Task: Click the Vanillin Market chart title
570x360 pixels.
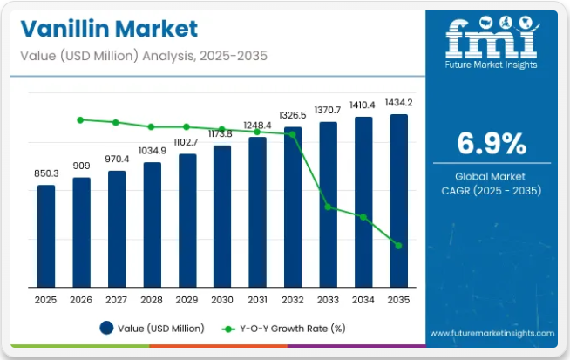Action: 105,28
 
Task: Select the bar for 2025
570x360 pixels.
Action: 46,235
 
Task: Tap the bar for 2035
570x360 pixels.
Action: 398,200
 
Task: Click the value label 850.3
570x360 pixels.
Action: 46,173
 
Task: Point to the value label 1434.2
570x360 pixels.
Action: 398,103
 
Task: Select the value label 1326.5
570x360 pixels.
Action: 293,115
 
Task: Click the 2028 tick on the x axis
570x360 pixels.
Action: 152,299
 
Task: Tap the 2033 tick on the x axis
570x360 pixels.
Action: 328,299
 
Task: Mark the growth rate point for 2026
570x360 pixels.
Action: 81,119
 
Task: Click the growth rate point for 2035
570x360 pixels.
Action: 398,246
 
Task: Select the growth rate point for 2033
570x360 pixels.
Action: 328,207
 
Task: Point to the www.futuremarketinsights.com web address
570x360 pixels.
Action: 492,333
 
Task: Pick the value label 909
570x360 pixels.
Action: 82,166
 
